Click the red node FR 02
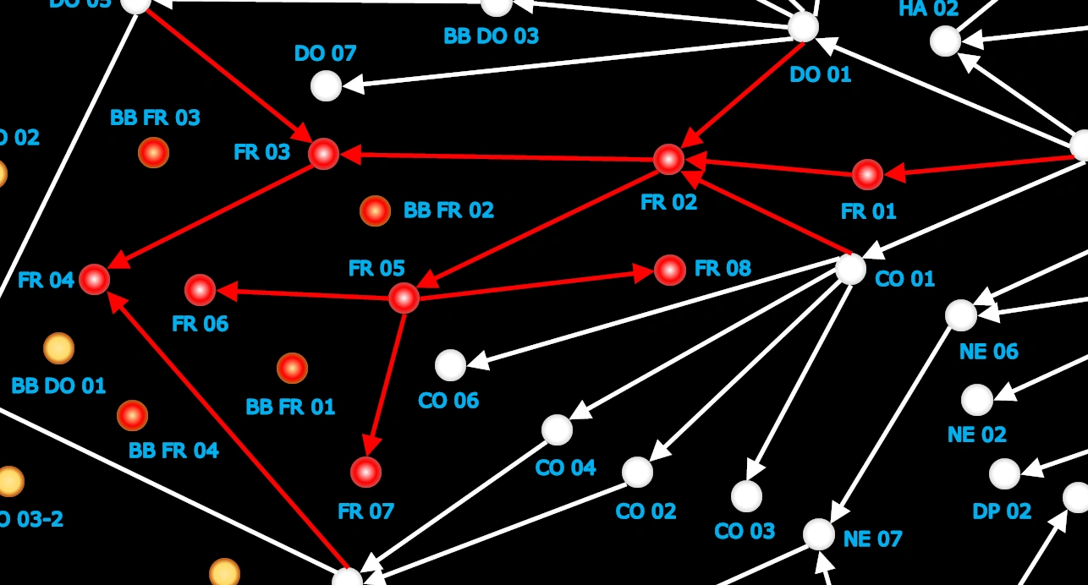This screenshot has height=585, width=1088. coord(668,159)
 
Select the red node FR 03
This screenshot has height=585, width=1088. coord(323,154)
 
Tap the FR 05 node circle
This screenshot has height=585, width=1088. coord(404,298)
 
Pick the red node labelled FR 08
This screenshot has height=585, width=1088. coord(670,270)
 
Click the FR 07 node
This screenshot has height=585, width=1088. coord(365,472)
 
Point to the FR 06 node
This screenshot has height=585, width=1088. coord(201,290)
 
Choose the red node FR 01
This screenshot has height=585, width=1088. coord(867,174)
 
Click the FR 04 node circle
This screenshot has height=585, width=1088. coord(95,279)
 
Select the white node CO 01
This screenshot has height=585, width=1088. coord(850,269)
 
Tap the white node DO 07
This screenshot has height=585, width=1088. coord(326,85)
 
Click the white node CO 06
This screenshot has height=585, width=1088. coord(451,365)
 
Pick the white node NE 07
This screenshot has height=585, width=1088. coord(818,534)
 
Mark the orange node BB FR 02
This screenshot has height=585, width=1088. coord(375,211)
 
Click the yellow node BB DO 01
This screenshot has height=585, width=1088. coord(58,347)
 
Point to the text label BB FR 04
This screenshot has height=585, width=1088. coord(173,451)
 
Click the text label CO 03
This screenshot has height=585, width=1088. coord(745,531)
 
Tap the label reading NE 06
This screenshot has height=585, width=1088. coord(988,351)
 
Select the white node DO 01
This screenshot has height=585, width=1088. coord(803,26)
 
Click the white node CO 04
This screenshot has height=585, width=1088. coord(557,429)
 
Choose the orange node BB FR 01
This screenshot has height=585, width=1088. coord(292,368)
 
